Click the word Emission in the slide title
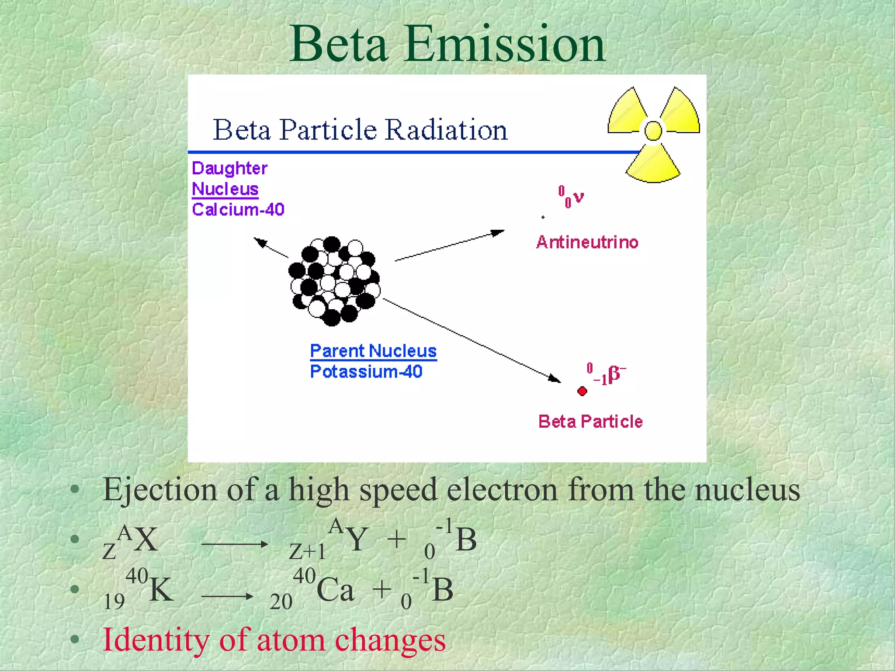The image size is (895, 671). tap(505, 44)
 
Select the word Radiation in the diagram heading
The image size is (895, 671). tap(446, 130)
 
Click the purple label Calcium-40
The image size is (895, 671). tap(238, 210)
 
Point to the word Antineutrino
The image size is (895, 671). tap(587, 242)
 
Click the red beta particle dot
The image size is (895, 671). tap(582, 391)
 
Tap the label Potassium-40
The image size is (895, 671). tap(366, 372)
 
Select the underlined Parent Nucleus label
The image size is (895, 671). tap(373, 351)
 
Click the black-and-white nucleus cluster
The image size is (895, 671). tap(334, 281)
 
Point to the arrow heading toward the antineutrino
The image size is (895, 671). tap(450, 246)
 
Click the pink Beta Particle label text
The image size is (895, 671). tap(590, 422)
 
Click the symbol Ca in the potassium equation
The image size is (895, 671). tap(335, 590)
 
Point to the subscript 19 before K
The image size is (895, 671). tap(114, 602)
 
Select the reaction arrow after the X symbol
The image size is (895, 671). tap(234, 544)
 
